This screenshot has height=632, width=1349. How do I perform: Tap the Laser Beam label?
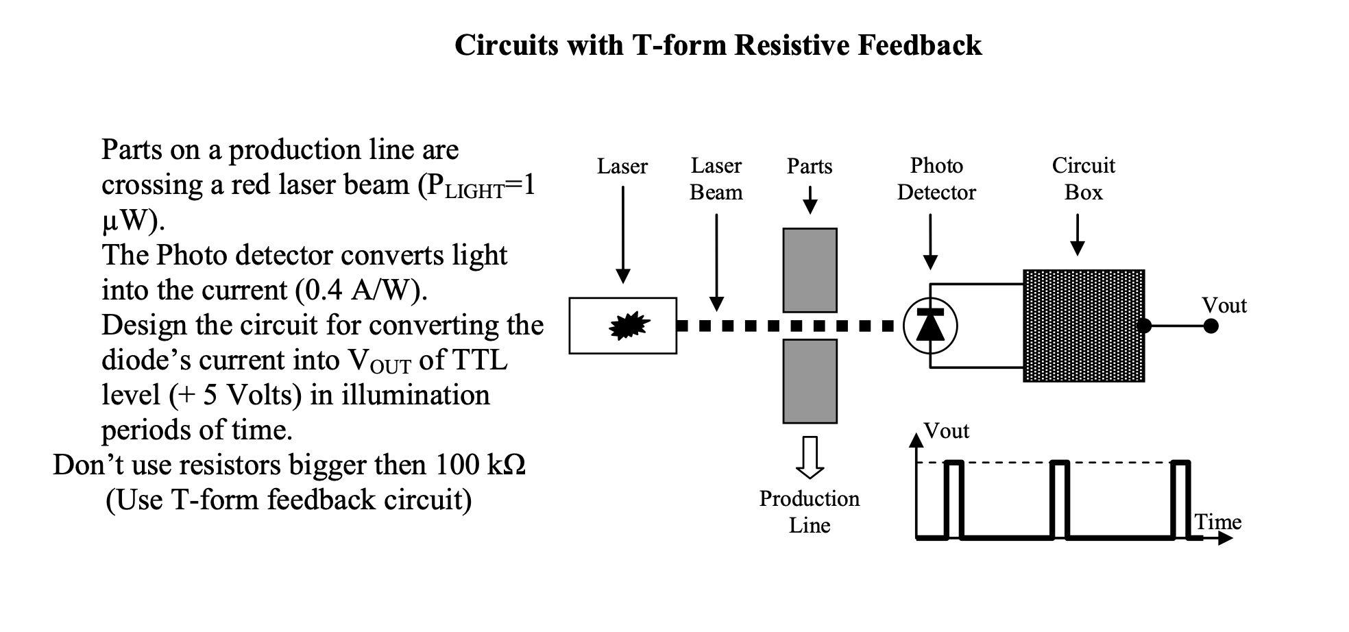pyautogui.click(x=716, y=179)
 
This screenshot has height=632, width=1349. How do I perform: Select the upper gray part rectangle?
pyautogui.click(x=810, y=270)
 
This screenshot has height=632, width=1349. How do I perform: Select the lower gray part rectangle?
pyautogui.click(x=810, y=381)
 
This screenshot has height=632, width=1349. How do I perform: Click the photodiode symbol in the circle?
pyautogui.click(x=930, y=326)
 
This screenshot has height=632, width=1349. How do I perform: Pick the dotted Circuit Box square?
pyautogui.click(x=1083, y=326)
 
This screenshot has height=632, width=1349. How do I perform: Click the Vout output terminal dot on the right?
pyautogui.click(x=1211, y=326)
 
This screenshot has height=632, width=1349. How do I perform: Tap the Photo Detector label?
pyautogui.click(x=936, y=179)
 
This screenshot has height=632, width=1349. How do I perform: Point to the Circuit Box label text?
pyautogui.click(x=1083, y=179)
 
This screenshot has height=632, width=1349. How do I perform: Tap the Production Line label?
pyautogui.click(x=809, y=511)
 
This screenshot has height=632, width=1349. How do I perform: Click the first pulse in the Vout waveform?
pyautogui.click(x=953, y=499)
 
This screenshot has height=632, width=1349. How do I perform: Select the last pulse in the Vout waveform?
pyautogui.click(x=1180, y=499)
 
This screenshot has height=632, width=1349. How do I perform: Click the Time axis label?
pyautogui.click(x=1217, y=522)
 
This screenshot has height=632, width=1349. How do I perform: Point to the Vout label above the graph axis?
pyautogui.click(x=946, y=431)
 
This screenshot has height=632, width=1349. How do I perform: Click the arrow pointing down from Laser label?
pyautogui.click(x=622, y=233)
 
